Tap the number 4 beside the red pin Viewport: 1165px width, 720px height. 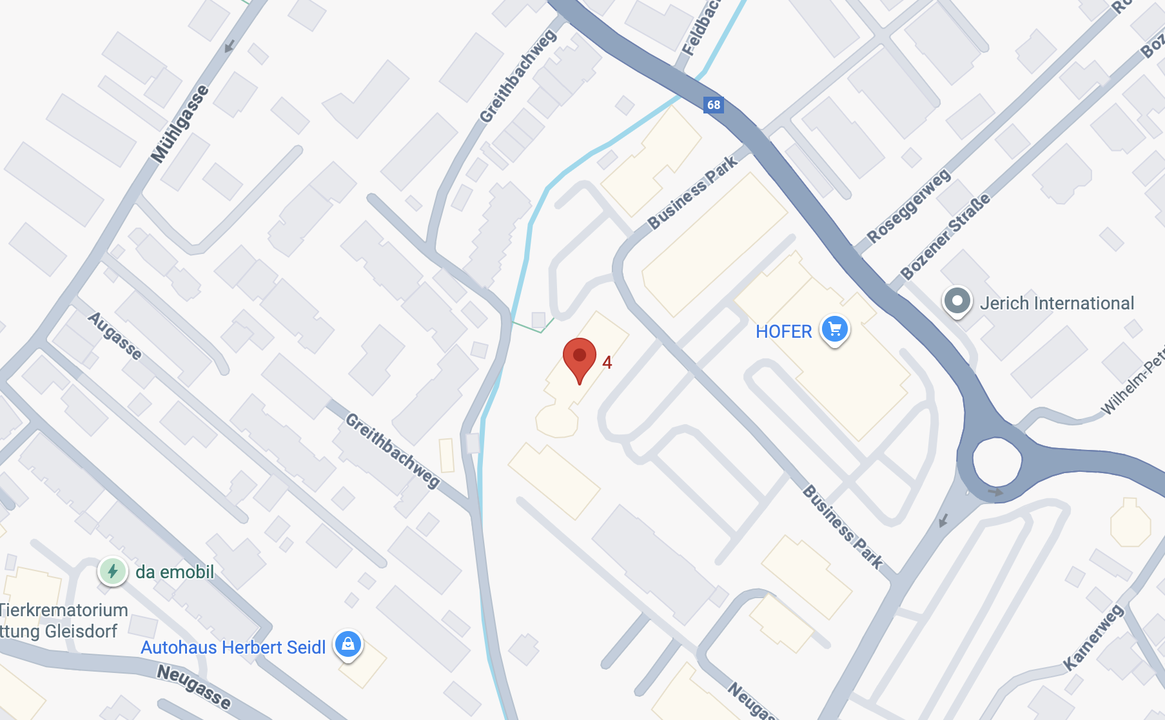point(607,362)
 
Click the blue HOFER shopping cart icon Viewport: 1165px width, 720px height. point(835,329)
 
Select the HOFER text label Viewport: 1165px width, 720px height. point(783,331)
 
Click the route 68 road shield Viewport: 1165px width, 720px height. point(713,104)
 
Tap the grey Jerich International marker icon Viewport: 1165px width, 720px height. point(957,301)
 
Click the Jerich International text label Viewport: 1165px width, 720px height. point(1057,303)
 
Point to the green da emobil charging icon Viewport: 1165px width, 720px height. point(113,571)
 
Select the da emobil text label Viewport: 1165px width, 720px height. point(175,572)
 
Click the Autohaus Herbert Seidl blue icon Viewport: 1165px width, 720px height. point(348,644)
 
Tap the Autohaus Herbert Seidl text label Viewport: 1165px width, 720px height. point(233,647)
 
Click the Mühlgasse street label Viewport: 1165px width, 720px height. point(180,123)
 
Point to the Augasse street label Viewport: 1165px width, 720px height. point(115,336)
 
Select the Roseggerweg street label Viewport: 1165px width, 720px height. point(908,206)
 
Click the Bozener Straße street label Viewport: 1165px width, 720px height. point(945,237)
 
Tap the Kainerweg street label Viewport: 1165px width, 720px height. point(1093,637)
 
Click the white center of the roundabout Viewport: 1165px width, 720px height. point(997,462)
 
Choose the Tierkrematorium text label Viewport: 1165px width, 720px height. point(63,610)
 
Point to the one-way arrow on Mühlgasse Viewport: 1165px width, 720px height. point(229,46)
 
